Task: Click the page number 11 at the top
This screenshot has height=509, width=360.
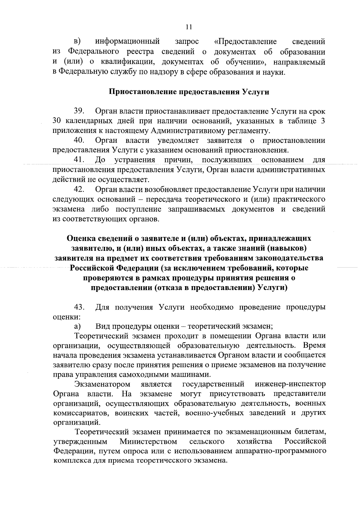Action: [x=188, y=27]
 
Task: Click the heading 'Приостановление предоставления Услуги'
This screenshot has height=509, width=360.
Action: [x=189, y=92]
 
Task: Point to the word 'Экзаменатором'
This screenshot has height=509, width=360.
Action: [x=103, y=384]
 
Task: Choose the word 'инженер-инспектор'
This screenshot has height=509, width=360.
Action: [x=290, y=384]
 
